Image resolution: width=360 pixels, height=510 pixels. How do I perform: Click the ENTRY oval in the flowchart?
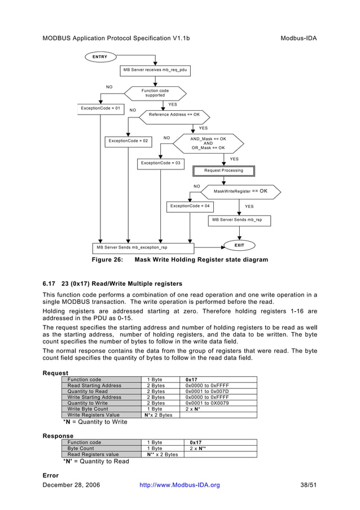(100, 57)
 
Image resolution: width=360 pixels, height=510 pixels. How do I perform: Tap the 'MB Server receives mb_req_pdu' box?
(155, 70)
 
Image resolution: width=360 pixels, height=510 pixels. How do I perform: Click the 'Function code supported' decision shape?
(155, 93)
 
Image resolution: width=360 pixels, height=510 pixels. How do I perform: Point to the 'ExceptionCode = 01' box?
(100, 108)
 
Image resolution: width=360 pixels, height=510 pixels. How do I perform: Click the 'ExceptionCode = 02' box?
(128, 141)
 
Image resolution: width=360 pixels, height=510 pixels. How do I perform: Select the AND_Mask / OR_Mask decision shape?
(208, 143)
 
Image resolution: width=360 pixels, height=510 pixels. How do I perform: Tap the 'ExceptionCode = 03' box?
(161, 163)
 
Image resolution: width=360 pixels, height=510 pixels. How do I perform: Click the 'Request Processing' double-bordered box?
(224, 171)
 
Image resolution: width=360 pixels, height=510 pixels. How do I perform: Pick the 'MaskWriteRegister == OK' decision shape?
(240, 191)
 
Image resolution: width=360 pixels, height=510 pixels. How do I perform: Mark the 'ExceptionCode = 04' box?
(190, 206)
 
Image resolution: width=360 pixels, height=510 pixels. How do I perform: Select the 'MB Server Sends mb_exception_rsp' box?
(143, 247)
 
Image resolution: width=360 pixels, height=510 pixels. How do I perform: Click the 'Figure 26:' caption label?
(107, 260)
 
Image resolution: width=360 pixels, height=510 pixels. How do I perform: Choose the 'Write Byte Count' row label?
(87, 409)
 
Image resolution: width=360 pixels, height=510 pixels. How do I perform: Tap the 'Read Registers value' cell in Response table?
(93, 454)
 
